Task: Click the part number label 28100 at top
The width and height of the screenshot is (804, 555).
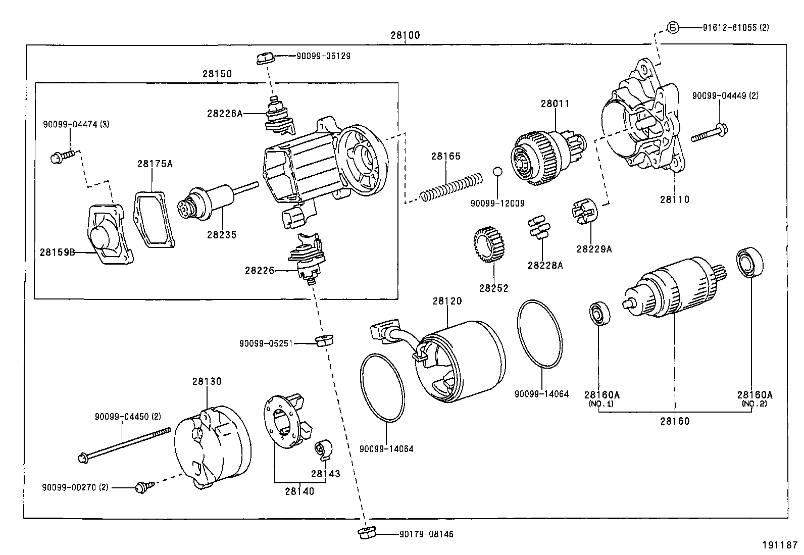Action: tap(405, 36)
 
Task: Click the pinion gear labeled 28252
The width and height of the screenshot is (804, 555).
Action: tap(490, 245)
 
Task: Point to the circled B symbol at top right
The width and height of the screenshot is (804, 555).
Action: tap(673, 28)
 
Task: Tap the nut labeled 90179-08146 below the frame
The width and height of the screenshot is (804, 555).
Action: tap(365, 534)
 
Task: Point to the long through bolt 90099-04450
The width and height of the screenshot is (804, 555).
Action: tap(124, 445)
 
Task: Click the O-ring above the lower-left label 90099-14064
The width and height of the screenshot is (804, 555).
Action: tap(382, 387)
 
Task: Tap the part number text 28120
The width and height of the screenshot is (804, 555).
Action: tap(447, 301)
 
